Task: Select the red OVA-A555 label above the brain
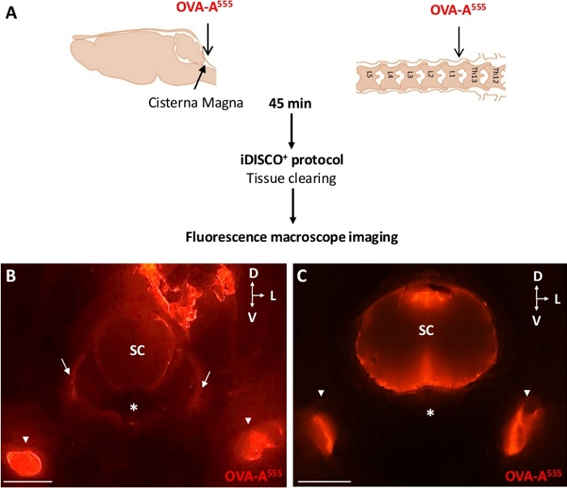(207, 9)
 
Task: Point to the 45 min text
(291, 104)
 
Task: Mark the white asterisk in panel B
(134, 408)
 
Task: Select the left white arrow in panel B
(64, 369)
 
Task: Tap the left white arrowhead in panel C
(322, 393)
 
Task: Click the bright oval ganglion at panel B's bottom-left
(27, 464)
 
